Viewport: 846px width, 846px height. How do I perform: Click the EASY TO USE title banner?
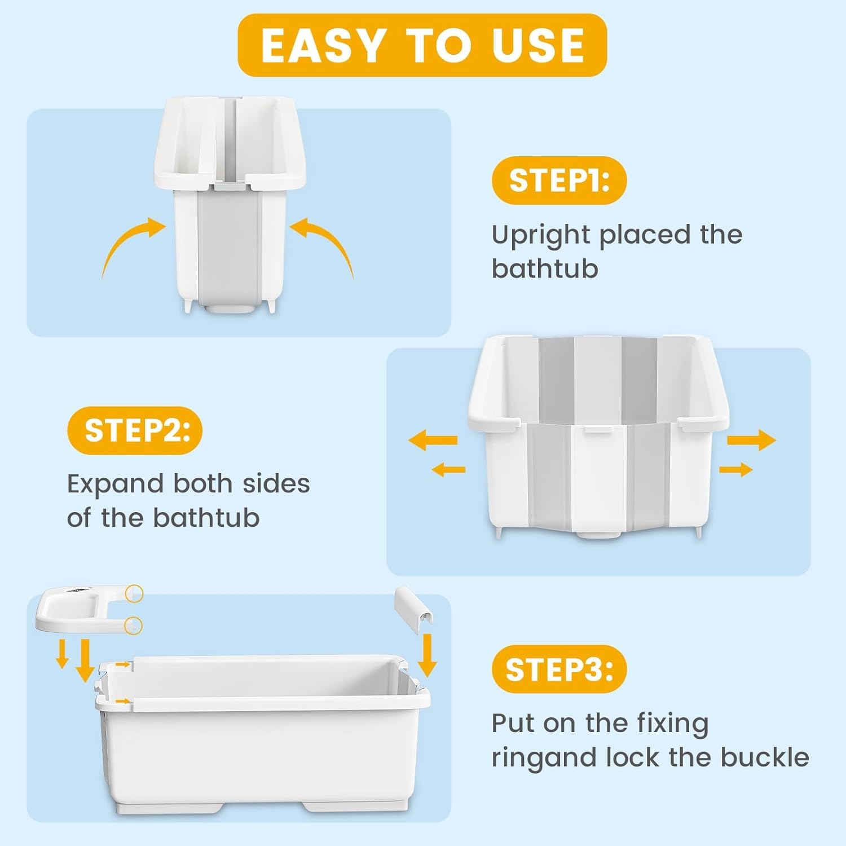point(422,45)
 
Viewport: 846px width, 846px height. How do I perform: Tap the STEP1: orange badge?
point(559,180)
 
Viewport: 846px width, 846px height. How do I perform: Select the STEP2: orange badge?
point(135,430)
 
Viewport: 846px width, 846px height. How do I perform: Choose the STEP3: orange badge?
point(559,669)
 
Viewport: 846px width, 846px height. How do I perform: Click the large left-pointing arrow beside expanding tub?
point(433,440)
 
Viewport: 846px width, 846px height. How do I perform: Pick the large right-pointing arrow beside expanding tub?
point(751,439)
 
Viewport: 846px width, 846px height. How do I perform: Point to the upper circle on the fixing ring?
point(134,593)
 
